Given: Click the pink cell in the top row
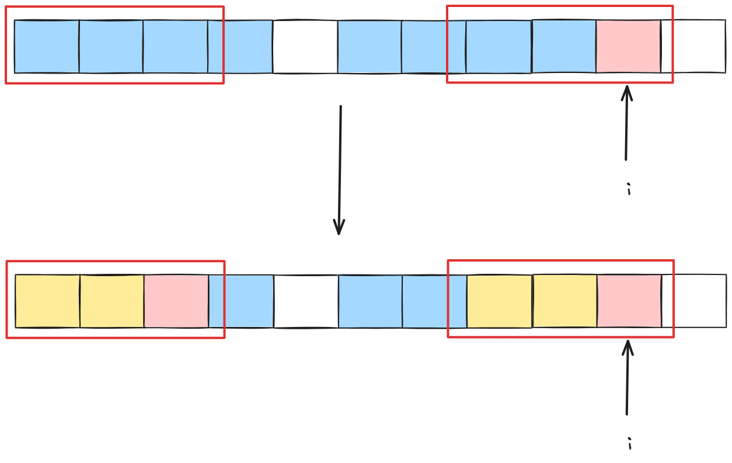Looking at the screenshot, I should click(x=628, y=47).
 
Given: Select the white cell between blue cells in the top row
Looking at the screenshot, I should click(x=305, y=47).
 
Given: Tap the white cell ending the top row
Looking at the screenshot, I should click(x=693, y=47).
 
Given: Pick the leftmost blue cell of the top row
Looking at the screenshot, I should click(x=47, y=47).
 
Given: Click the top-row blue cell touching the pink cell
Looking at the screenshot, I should click(x=564, y=47).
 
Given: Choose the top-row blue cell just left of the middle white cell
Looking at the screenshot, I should click(x=240, y=47).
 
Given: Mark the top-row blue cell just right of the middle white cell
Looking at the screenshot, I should click(x=370, y=47).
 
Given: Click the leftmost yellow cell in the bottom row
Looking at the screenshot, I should click(x=47, y=301).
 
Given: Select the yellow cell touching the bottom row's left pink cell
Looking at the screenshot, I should click(x=112, y=301).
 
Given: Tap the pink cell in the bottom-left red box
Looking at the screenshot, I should click(x=176, y=301).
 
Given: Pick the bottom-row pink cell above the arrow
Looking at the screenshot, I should click(x=629, y=301).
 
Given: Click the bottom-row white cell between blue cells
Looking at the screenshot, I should click(x=306, y=301).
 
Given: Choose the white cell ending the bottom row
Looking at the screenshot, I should click(x=694, y=301).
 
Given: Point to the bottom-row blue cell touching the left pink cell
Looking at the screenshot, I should click(x=241, y=301).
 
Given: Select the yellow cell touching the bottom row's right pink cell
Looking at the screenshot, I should click(x=564, y=301).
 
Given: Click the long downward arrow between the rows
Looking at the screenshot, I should click(x=340, y=169).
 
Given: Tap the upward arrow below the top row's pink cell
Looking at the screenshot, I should click(x=626, y=123).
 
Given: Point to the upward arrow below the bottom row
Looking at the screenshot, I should click(x=628, y=377).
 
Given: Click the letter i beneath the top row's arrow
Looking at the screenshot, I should click(x=629, y=189).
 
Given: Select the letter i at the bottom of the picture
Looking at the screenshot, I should click(x=630, y=444).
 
